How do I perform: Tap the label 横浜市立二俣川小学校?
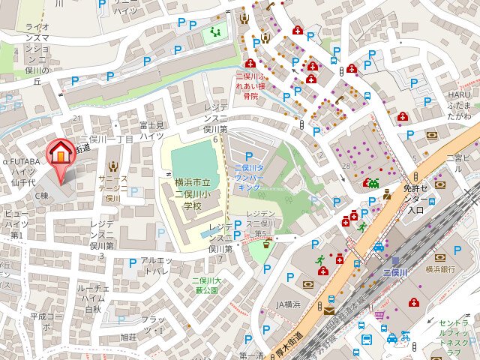point(184,193)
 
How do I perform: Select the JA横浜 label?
point(289,304)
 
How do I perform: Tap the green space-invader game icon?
point(370,182)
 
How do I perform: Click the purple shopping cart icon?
point(380,315)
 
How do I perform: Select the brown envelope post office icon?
point(330,308)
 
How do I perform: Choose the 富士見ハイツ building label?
point(151,130)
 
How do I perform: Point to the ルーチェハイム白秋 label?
point(94,298)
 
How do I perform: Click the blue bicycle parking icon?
point(405,336)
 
